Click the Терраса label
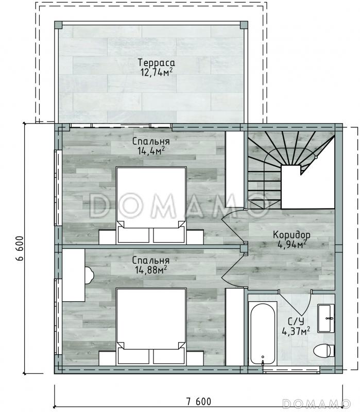pos(157,62)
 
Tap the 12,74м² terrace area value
pos(157,72)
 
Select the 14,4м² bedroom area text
pos(151,151)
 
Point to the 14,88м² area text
pos(151,269)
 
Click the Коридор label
pos(292,234)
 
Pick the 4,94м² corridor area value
pos(292,244)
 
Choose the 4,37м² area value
pos(296,331)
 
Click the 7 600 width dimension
pos(199,402)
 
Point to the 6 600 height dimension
pos(20,248)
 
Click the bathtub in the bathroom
pos(263,333)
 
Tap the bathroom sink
pos(326,318)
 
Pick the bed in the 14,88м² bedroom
pos(151,326)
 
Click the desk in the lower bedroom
pos(74,275)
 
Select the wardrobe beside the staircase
pos(235,169)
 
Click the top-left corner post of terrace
pos(58,25)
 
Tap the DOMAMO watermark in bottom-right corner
pos(316,403)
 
